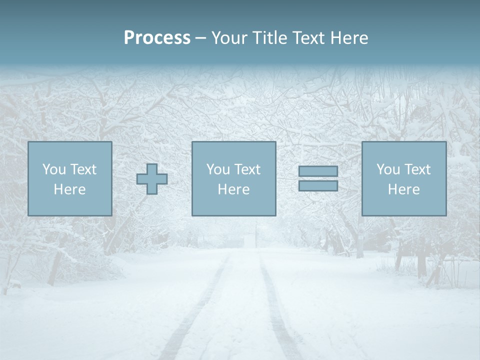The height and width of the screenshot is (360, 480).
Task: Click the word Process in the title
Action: tap(157, 38)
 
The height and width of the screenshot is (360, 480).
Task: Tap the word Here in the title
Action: tap(349, 38)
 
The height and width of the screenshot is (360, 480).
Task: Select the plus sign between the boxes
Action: tap(152, 179)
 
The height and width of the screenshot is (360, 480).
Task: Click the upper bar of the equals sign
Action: tap(318, 171)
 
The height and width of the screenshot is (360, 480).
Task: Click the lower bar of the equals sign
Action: tap(318, 185)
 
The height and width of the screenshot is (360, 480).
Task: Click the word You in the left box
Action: tap(54, 169)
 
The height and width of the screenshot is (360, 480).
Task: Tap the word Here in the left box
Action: tap(69, 189)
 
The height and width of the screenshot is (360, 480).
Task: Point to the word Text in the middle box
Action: tap(246, 169)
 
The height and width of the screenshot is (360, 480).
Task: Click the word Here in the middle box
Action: tap(233, 189)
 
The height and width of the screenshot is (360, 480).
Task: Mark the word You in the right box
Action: tap(388, 169)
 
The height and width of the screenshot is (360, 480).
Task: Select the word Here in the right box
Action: tap(403, 189)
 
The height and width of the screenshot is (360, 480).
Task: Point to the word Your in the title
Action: tap(228, 38)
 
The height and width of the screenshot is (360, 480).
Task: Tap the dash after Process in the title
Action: tap(200, 38)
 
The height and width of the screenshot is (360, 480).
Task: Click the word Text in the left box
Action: tap(82, 169)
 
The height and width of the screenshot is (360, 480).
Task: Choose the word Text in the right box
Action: tap(416, 169)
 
